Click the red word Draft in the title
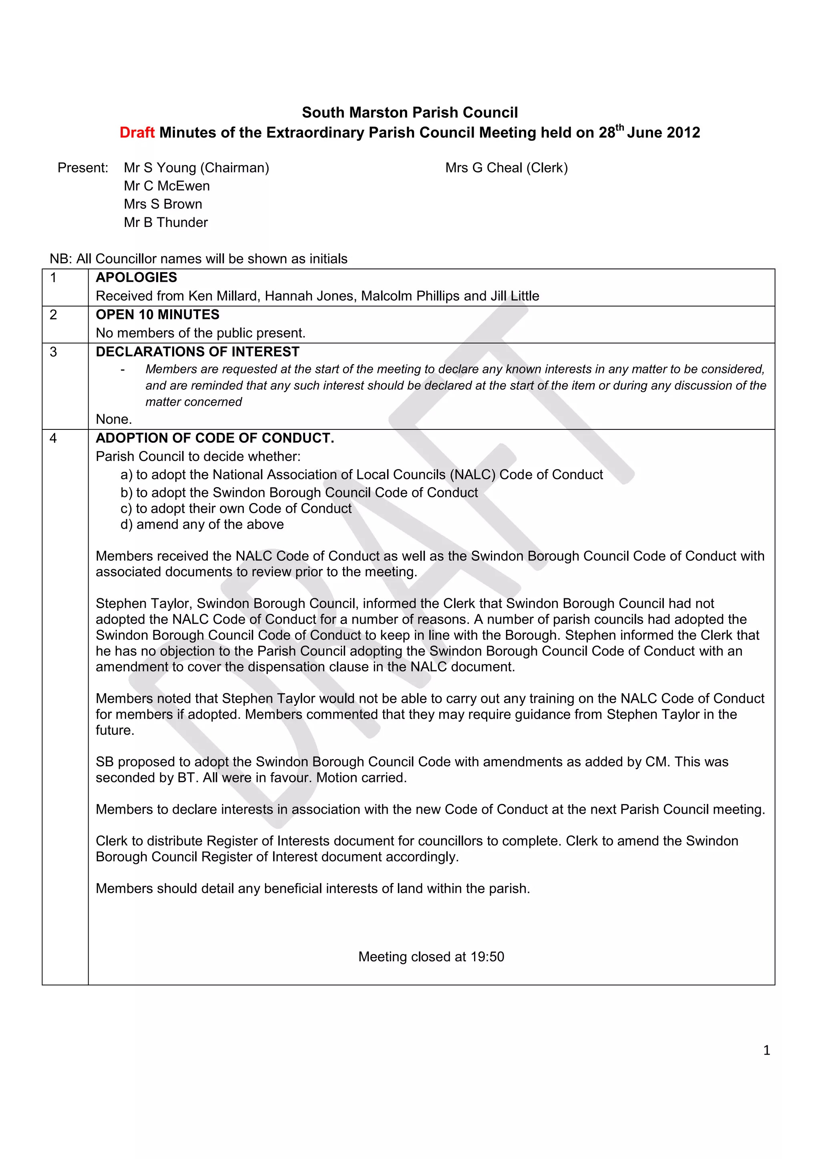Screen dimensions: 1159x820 [x=137, y=133]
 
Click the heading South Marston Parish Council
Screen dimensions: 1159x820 [x=410, y=112]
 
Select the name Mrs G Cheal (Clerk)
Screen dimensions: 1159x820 [x=506, y=168]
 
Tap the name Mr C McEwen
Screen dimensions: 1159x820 [x=167, y=186]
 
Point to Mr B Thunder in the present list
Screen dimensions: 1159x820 [x=166, y=222]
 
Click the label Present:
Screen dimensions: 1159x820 [x=83, y=168]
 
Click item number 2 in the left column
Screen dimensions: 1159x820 [x=53, y=315]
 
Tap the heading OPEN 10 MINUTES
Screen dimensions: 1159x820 [x=157, y=315]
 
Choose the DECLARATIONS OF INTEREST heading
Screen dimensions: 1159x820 [x=197, y=352]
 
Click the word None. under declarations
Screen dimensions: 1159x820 [x=114, y=419]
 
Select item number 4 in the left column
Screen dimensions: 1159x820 [x=53, y=438]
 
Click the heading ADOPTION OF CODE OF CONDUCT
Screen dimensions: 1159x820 [x=215, y=438]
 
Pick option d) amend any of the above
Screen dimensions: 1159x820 [x=202, y=525]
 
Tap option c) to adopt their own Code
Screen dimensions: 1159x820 [x=236, y=508]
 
